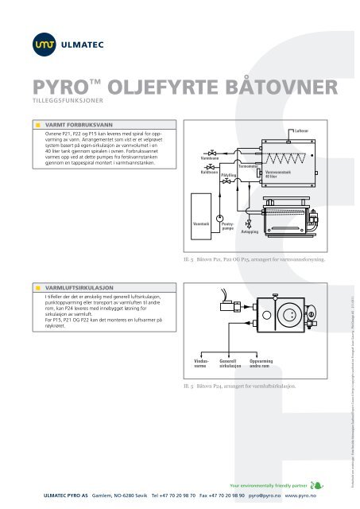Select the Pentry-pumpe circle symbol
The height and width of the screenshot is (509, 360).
222,216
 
